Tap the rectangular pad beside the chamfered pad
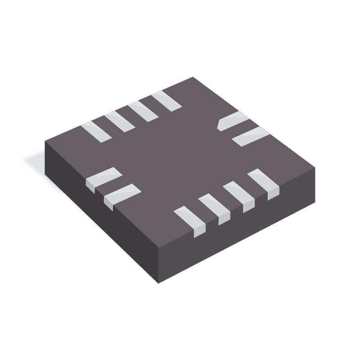pos(250,136)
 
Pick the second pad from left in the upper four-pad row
pos(118,120)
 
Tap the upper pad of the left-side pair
pos(103,178)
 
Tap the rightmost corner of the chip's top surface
pos(315,168)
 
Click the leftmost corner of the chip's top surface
pos(45,141)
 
